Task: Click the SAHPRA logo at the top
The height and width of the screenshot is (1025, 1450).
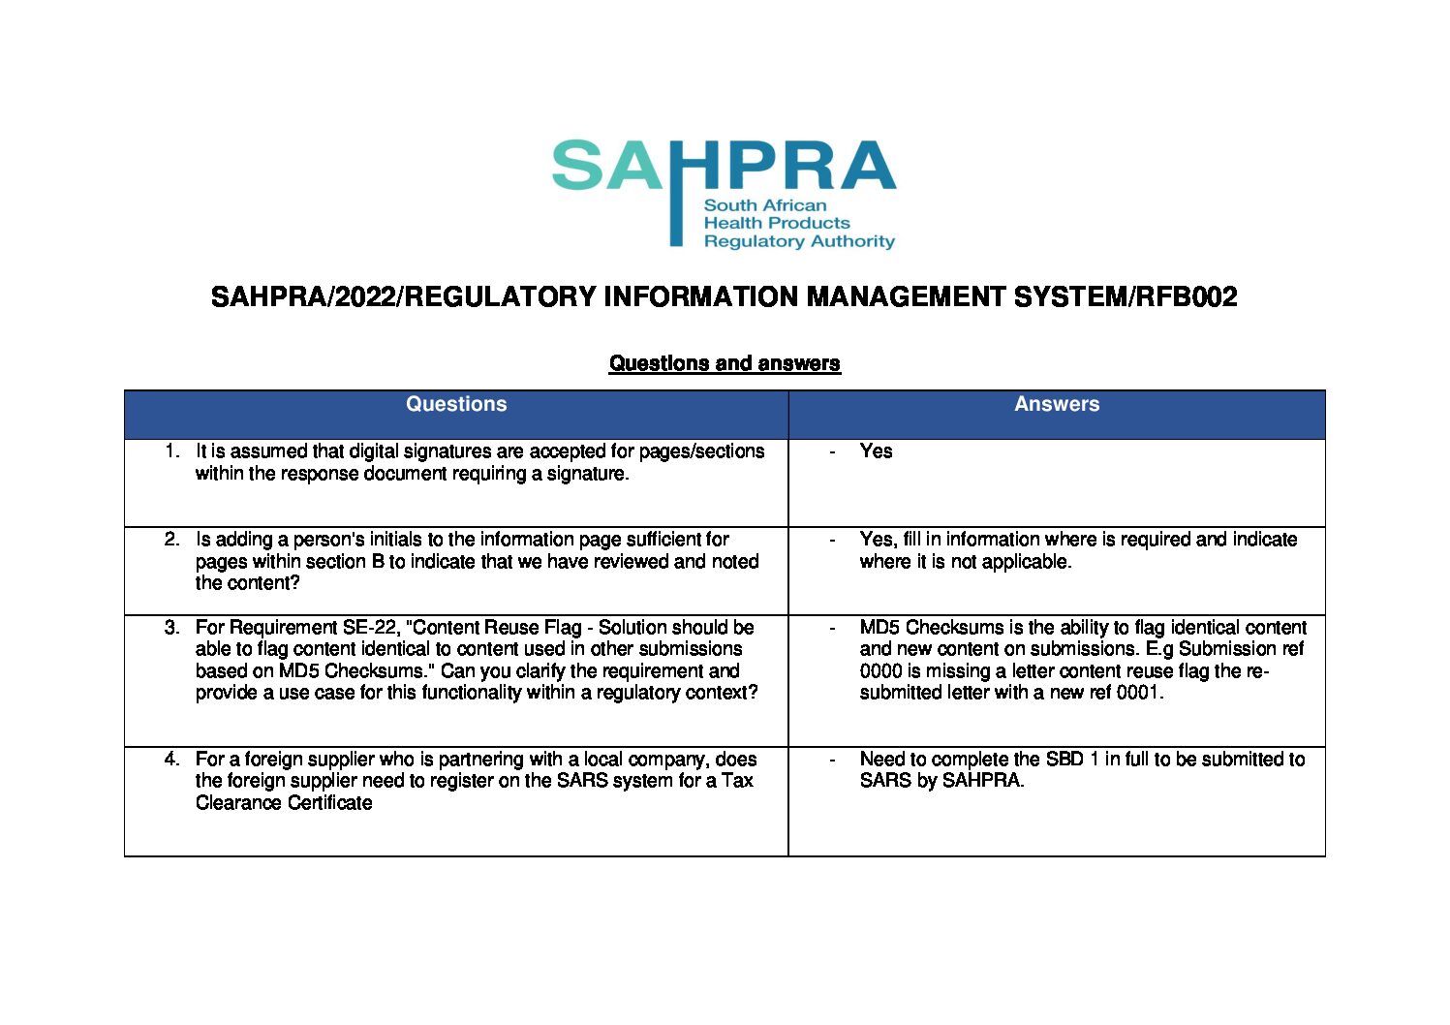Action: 724,192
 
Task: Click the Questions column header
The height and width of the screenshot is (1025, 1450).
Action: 456,405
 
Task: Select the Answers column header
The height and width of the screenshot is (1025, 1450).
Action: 1057,405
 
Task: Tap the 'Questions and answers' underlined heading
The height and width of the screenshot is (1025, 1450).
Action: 725,363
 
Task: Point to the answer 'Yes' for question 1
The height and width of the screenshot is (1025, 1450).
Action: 876,451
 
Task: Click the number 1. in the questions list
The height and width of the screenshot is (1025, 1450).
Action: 172,451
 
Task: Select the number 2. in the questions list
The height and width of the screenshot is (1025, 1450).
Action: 172,540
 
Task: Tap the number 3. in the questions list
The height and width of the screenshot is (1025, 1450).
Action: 172,628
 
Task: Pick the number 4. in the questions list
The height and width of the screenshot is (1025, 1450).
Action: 172,760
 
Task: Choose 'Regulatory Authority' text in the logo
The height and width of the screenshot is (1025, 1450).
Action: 799,241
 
